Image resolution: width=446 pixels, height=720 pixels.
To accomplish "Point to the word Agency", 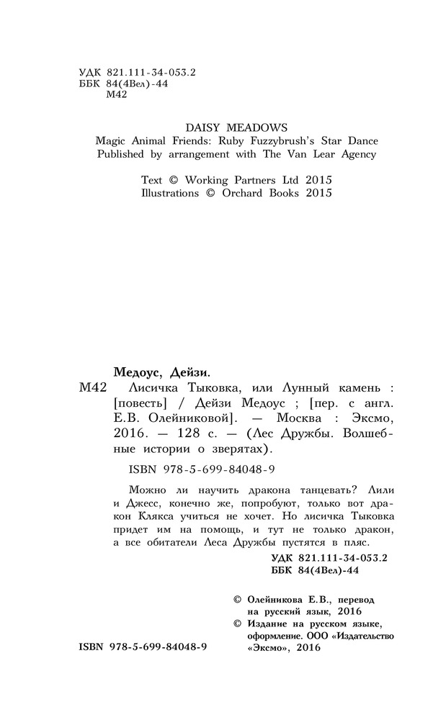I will [x=354, y=154].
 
